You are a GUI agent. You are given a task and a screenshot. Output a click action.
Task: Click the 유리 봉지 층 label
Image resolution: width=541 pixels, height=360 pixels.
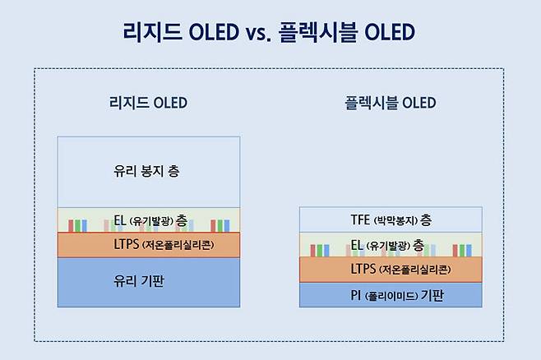click(147, 172)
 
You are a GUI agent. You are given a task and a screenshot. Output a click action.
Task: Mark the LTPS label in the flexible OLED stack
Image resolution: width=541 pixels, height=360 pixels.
click(364, 269)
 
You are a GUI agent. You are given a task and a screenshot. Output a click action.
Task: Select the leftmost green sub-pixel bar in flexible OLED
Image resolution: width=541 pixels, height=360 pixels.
click(322, 250)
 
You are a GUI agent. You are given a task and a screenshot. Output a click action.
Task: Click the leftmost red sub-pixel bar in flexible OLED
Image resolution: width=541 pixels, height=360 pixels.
click(315, 250)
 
